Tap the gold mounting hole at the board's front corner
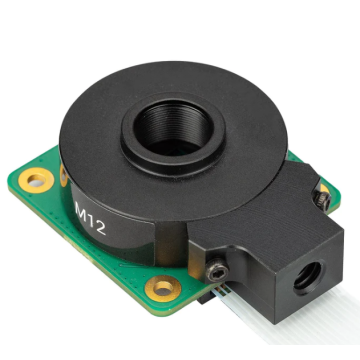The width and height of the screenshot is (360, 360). coord(160,290)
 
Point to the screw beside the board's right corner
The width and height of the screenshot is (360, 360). coord(322,199)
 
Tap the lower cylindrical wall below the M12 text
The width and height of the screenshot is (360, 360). coord(110,245)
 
